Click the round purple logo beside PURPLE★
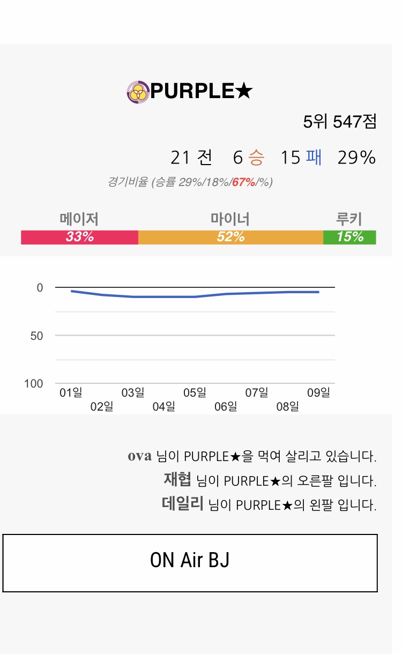[138, 92]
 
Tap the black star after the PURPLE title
[243, 92]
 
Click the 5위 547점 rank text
[340, 122]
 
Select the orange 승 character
[256, 158]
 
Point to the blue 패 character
[314, 158]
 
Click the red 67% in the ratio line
[243, 182]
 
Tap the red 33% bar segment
[79, 237]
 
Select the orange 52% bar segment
[230, 237]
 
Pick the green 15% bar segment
[349, 237]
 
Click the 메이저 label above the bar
[79, 219]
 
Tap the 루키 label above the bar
[349, 219]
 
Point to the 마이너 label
[230, 219]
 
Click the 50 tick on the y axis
[36, 336]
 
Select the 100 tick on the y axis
[33, 384]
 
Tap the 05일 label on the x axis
[195, 393]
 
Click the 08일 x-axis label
[287, 406]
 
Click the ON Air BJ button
[190, 563]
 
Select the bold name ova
[140, 456]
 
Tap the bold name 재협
[177, 480]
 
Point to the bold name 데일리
[182, 504]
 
